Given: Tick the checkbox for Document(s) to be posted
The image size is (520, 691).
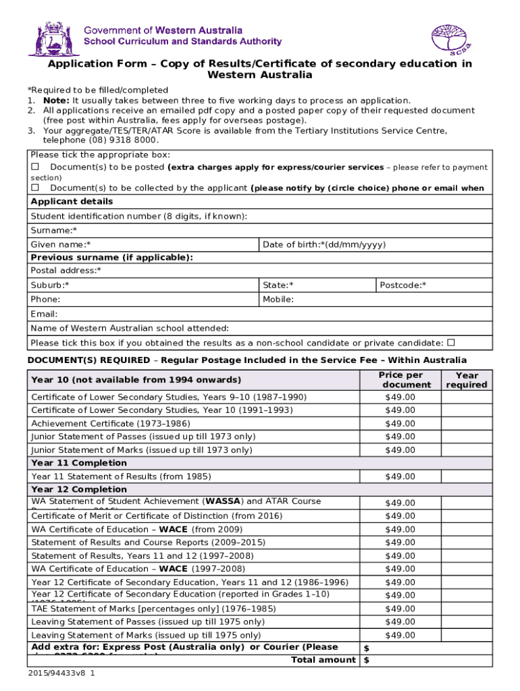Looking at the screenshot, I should (x=36, y=167).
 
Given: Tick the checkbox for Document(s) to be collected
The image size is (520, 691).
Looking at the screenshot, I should (x=36, y=188).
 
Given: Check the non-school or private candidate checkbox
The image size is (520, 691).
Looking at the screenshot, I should (x=451, y=342).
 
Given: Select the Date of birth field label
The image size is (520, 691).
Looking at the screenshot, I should (x=324, y=244).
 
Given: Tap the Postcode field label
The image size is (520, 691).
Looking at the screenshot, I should (x=402, y=285).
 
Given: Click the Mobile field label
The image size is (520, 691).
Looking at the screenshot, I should (x=278, y=299).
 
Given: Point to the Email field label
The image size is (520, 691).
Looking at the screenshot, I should (x=44, y=314).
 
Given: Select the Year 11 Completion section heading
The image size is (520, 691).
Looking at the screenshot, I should (x=78, y=463).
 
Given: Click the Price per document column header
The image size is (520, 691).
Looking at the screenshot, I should (x=400, y=380).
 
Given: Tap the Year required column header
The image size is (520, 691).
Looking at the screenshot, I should (x=466, y=380).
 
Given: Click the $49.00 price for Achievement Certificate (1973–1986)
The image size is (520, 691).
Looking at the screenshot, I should (x=400, y=424).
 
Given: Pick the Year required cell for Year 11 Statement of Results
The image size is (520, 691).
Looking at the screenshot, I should (x=466, y=476).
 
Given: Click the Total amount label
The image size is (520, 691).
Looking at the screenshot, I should (x=323, y=660).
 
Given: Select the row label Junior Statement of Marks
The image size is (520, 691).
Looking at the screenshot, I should (x=141, y=450).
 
